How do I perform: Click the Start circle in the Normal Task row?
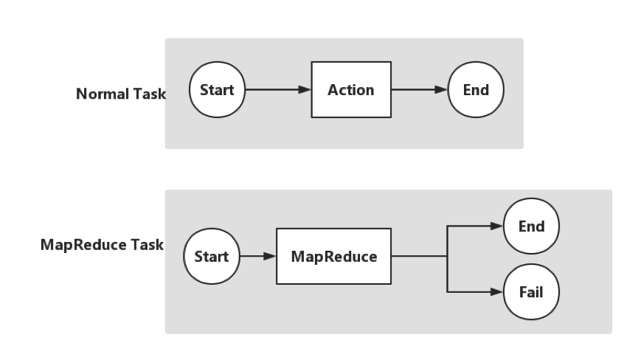tap(217, 90)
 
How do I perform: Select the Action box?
tap(351, 90)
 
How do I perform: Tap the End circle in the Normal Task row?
tap(476, 90)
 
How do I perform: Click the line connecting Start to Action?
tap(273, 90)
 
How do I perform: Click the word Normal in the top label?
tap(103, 94)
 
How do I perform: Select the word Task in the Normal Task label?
tap(148, 94)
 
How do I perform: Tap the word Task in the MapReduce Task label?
tap(147, 245)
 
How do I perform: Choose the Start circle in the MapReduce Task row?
tap(212, 257)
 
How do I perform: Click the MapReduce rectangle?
tap(333, 257)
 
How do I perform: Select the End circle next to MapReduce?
tap(531, 226)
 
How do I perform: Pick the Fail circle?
tap(531, 292)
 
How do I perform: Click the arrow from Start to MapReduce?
tap(257, 257)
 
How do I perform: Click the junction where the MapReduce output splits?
tap(447, 257)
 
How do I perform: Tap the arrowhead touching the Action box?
tap(305, 90)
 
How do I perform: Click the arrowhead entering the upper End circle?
tap(442, 90)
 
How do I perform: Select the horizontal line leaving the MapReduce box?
tap(418, 257)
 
